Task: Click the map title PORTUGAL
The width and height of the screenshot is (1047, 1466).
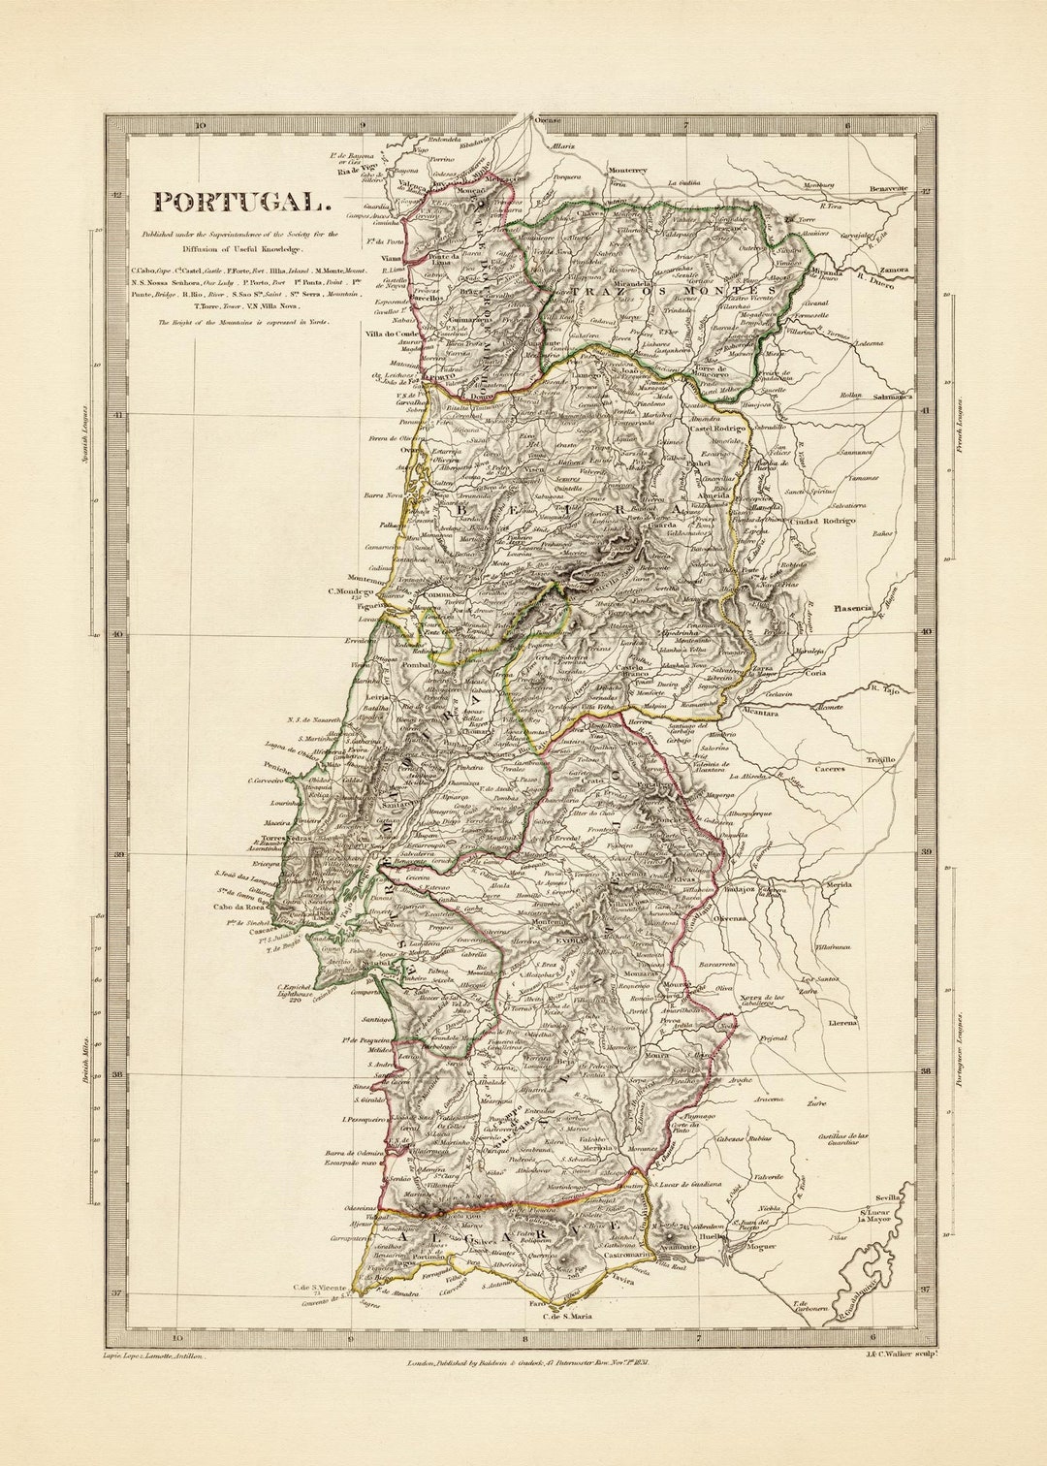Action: tap(241, 202)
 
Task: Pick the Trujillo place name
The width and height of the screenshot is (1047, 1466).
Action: tap(881, 759)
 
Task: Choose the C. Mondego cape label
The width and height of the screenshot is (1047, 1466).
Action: tap(350, 590)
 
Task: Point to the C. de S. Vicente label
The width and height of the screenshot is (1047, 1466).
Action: tap(321, 1288)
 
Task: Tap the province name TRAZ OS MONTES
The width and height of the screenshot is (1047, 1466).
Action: tap(672, 290)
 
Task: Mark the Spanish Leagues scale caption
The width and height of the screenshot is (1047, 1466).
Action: tap(84, 435)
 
